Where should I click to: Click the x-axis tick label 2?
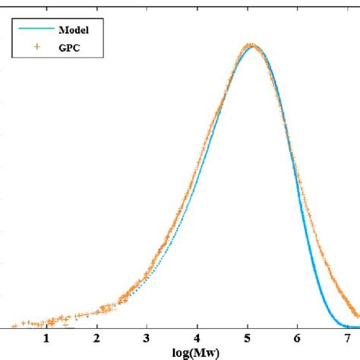coord(97,339)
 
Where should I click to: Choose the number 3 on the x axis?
coord(147,339)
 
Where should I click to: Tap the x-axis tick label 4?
coord(197,339)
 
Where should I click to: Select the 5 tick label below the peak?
coord(248,339)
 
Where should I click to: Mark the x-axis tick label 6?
coord(298,339)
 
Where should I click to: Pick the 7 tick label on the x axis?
coord(347,339)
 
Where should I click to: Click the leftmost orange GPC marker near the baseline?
coord(23,322)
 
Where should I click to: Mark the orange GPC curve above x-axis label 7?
coord(347,304)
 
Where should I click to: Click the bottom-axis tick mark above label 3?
coord(147,325)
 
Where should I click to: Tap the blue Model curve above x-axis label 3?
coord(147,282)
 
